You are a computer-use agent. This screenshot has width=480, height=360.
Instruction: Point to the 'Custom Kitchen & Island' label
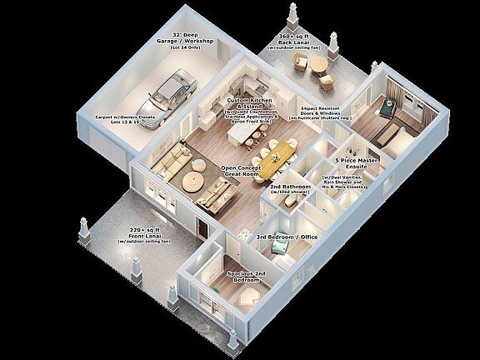coord(245,103)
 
